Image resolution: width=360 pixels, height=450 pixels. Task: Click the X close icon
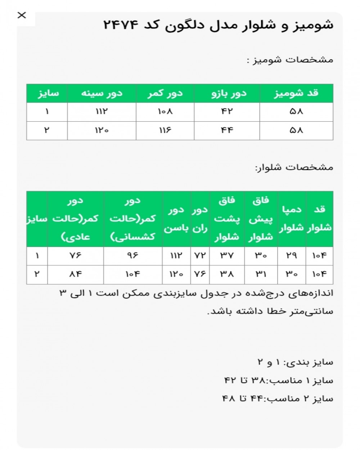[22, 15]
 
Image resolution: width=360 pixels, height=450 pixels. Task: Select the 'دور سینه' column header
[102, 94]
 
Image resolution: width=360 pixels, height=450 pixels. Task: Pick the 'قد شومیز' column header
[296, 94]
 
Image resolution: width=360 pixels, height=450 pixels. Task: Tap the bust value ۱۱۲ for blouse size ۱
[102, 112]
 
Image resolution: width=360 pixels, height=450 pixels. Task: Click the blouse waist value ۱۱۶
[165, 130]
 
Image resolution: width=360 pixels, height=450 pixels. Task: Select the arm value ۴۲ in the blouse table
[227, 112]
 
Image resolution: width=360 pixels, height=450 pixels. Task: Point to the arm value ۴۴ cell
[227, 130]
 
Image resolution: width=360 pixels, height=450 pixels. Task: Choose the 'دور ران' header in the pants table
[200, 219]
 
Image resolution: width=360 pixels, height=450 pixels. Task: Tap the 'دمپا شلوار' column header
[292, 219]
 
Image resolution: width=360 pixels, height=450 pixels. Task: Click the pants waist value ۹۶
[132, 256]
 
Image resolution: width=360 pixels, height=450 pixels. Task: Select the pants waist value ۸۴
[75, 274]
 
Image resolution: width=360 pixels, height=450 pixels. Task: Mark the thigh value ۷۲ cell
[200, 256]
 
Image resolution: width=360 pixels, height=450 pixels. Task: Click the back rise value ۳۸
[226, 274]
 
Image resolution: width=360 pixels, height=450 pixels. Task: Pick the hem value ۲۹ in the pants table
[292, 256]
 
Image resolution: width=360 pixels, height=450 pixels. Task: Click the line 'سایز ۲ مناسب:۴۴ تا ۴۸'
[278, 399]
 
